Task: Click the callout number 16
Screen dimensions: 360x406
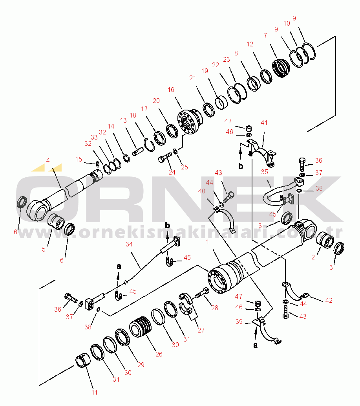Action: pyautogui.click(x=171, y=90)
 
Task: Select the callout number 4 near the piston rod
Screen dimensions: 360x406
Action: pyautogui.click(x=48, y=160)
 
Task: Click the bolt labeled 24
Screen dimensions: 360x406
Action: pyautogui.click(x=165, y=157)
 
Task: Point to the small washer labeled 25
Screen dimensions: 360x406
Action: pyautogui.click(x=175, y=151)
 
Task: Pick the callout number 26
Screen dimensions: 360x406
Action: pyautogui.click(x=159, y=354)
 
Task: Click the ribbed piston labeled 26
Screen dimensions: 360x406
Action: pyautogui.click(x=140, y=326)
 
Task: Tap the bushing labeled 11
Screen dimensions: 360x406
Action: pyautogui.click(x=83, y=361)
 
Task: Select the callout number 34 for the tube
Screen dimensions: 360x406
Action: pyautogui.click(x=129, y=244)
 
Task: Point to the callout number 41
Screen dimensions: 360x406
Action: pyautogui.click(x=264, y=123)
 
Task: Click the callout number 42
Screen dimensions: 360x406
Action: pyautogui.click(x=329, y=300)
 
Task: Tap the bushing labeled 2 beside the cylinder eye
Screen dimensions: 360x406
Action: pyautogui.click(x=325, y=240)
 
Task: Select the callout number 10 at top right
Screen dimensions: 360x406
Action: pyautogui.click(x=287, y=23)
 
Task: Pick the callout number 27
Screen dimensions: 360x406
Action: pyautogui.click(x=201, y=330)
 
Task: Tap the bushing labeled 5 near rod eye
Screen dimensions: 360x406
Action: pyautogui.click(x=56, y=222)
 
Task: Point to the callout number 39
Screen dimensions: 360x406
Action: pyautogui.click(x=239, y=321)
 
